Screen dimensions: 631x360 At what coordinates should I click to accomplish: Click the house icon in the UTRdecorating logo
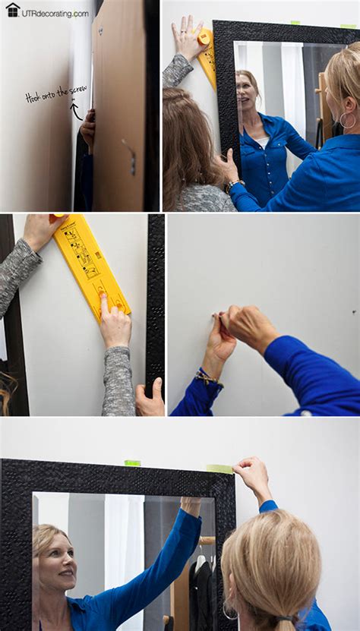tap(12, 10)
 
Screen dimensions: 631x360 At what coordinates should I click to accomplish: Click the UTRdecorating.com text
tap(55, 13)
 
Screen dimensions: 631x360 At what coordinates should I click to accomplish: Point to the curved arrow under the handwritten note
tap(75, 111)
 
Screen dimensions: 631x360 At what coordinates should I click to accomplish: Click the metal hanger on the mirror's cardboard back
tap(130, 155)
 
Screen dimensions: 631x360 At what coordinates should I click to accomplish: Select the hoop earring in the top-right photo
tap(347, 120)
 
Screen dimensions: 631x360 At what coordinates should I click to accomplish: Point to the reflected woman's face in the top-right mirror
tap(248, 88)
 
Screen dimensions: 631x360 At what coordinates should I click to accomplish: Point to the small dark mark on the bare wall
tap(354, 312)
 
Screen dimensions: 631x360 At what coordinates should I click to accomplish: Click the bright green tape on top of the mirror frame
tap(132, 462)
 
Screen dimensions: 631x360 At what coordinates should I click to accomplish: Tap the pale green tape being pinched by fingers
tap(219, 469)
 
